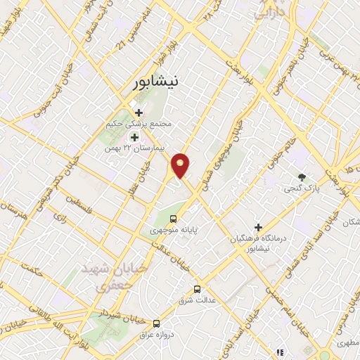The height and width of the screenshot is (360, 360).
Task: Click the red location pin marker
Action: click(181, 165)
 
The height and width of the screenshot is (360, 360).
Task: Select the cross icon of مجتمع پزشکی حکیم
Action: click(139, 112)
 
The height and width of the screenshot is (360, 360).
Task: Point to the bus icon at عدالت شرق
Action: click(197, 289)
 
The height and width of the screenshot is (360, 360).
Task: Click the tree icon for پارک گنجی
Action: click(302, 177)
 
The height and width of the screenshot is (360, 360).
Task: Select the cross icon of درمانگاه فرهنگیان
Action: click(259, 228)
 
